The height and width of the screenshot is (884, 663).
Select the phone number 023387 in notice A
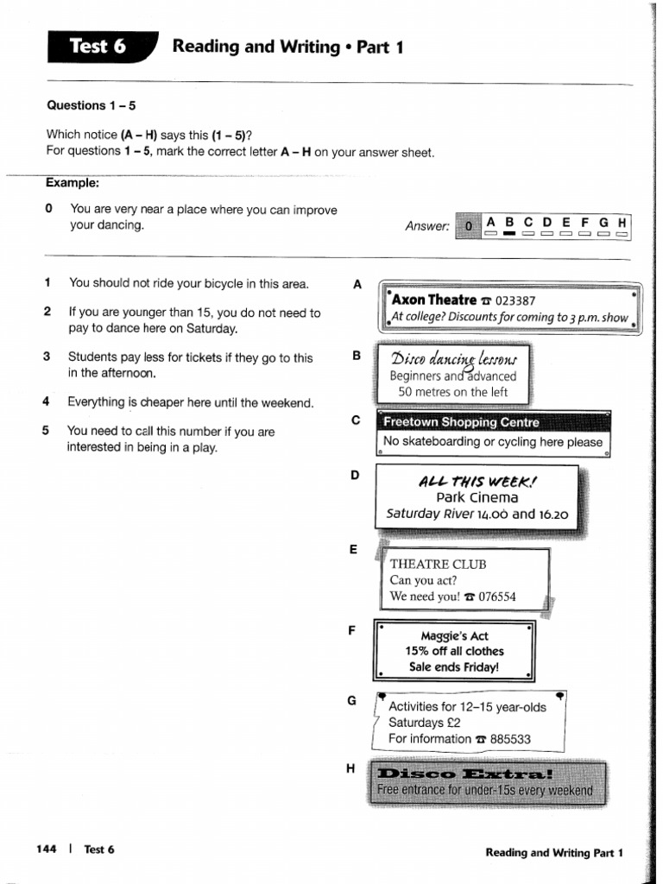coord(515,300)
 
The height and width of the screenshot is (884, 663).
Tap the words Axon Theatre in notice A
coord(433,300)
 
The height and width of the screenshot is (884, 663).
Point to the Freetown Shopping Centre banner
coord(461,422)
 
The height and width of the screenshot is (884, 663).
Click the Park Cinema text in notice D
coord(477,497)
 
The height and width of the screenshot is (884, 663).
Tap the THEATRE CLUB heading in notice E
coord(438,564)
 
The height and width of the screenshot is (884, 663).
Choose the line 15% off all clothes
coord(454,651)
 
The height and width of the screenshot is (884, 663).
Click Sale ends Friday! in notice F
coord(454,667)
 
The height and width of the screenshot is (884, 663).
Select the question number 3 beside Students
coord(47,357)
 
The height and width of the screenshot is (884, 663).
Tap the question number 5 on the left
coord(47,431)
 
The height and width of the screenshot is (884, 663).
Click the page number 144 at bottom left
coord(47,849)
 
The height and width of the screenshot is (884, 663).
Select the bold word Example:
coord(73,183)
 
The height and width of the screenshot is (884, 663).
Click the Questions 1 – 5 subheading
coord(91,105)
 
